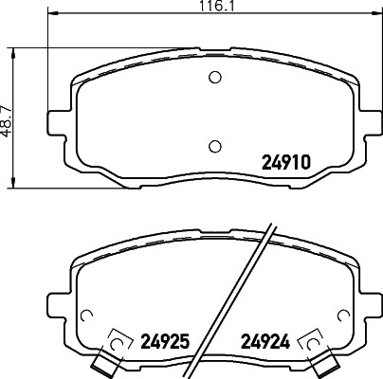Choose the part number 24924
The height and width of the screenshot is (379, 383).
(266, 338)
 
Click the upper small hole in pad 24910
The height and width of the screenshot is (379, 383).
(214, 78)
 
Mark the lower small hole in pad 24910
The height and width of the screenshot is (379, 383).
(214, 145)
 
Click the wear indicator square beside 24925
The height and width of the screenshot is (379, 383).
(120, 339)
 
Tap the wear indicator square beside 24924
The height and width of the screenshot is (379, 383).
(308, 339)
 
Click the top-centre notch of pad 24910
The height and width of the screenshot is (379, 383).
(214, 49)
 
